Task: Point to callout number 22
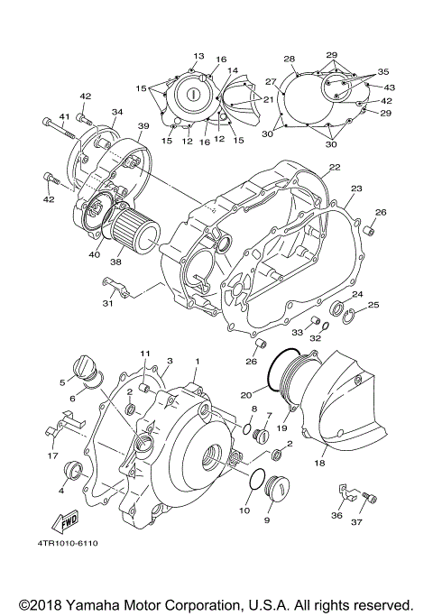[334, 168]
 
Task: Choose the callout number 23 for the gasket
[355, 189]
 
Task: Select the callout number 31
[107, 303]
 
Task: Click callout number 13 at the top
[198, 56]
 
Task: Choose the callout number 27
[270, 82]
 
